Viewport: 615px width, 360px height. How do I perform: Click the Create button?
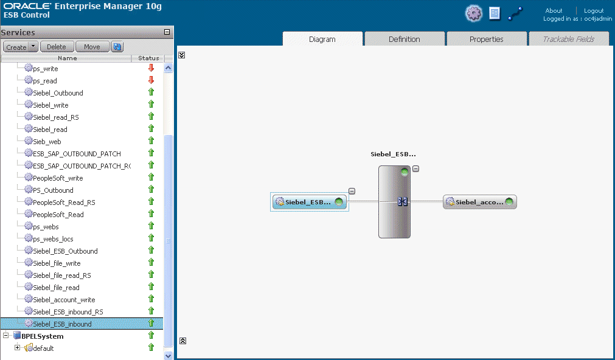tap(16, 47)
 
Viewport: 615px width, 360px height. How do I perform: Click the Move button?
tap(92, 47)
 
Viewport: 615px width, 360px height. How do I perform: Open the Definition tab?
tap(405, 39)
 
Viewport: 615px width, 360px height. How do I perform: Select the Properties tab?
tap(487, 39)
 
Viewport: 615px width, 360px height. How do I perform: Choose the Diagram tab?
tap(322, 39)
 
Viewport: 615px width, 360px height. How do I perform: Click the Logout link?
tap(594, 10)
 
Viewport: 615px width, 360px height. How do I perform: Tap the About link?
tap(554, 10)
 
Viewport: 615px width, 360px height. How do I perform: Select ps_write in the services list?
tap(46, 69)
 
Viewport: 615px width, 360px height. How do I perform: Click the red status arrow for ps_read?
tap(151, 80)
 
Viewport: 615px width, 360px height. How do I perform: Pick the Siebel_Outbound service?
tap(58, 93)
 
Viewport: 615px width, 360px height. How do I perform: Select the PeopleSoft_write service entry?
tap(58, 178)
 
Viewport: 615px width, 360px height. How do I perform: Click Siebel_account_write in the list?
tap(64, 300)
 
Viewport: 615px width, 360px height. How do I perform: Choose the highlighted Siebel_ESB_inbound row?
tap(62, 324)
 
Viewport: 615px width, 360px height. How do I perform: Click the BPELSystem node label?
tap(43, 336)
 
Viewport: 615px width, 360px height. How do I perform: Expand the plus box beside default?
tap(17, 347)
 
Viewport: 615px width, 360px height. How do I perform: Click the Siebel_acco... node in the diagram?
tap(480, 202)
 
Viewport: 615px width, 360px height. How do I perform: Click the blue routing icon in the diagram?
tap(403, 201)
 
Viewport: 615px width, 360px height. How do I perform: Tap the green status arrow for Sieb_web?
tap(151, 141)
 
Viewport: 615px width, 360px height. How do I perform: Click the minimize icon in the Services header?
tap(167, 32)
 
